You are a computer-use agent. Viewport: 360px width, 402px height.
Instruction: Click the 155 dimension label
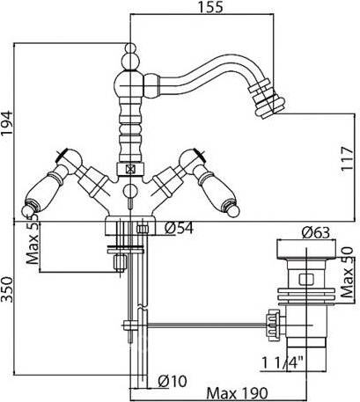click(x=210, y=7)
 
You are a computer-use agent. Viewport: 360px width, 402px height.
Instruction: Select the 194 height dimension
click(x=7, y=122)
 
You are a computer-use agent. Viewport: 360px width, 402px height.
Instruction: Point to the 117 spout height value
click(x=348, y=158)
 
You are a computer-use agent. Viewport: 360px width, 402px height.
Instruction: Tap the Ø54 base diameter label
click(x=179, y=228)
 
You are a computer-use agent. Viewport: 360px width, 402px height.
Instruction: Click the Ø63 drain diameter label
click(x=315, y=233)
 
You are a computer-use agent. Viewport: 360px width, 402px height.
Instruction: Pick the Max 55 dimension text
click(x=33, y=239)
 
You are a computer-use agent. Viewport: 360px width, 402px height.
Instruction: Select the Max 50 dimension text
click(x=347, y=273)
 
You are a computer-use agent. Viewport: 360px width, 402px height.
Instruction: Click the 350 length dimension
click(x=7, y=289)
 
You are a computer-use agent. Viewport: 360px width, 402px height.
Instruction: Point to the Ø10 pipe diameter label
click(x=173, y=381)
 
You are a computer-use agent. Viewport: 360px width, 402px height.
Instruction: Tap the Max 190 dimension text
click(x=237, y=392)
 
